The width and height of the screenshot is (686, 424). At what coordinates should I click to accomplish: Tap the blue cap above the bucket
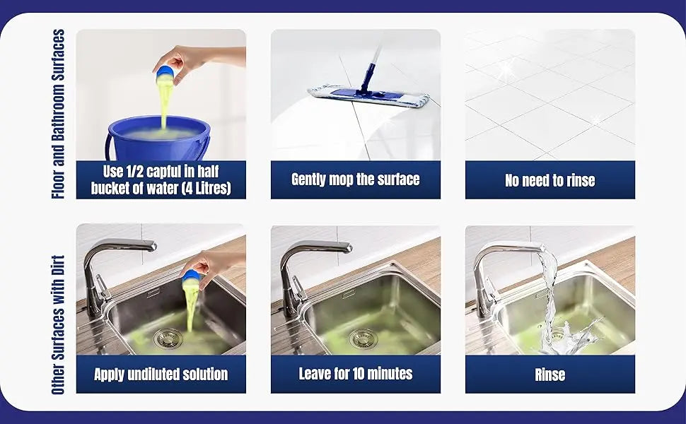click(x=165, y=72)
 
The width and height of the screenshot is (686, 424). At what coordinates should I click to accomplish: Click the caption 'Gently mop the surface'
click(x=356, y=179)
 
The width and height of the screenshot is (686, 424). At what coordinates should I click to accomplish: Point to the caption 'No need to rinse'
click(x=550, y=180)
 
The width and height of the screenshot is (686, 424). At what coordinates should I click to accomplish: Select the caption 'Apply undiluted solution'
click(x=161, y=374)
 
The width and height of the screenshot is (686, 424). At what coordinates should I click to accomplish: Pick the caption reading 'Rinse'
click(x=550, y=375)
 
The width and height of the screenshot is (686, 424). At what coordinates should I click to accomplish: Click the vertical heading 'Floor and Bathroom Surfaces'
click(x=58, y=114)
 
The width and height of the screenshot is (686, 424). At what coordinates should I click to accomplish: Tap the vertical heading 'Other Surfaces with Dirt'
click(x=58, y=324)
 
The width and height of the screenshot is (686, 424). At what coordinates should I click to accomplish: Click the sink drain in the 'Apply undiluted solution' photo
click(x=168, y=338)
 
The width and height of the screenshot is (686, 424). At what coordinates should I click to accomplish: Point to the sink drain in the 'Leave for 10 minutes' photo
click(x=363, y=338)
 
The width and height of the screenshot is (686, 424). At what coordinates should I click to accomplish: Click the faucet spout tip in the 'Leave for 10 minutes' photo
click(x=348, y=248)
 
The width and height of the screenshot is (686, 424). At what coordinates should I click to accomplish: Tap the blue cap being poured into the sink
click(x=191, y=276)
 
